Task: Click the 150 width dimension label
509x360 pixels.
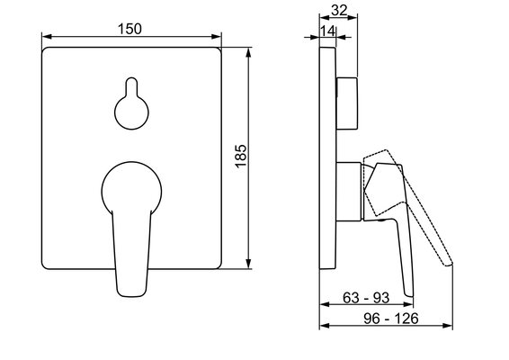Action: (x=129, y=29)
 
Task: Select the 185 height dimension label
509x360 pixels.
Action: (x=241, y=157)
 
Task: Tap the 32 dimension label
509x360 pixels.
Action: (x=339, y=11)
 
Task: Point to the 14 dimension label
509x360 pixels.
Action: (x=328, y=31)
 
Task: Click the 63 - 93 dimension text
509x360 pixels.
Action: (x=366, y=298)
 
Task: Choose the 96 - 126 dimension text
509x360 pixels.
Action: (x=391, y=319)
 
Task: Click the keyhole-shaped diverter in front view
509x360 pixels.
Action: (x=131, y=103)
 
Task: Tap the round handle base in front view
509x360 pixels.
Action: (x=132, y=187)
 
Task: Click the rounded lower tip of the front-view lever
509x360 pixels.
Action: (x=131, y=295)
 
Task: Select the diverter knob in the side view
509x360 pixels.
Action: (x=347, y=103)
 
